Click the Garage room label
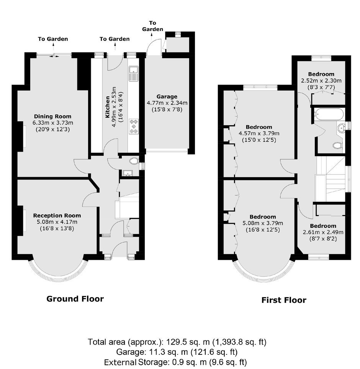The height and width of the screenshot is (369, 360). pos(167,96)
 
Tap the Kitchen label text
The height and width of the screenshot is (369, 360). pos(107,107)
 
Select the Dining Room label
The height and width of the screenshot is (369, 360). pos(53,116)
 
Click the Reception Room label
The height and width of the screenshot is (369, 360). pos(57,216)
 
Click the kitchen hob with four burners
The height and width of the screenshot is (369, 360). pos(134,126)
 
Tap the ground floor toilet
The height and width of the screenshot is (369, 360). pos(134,161)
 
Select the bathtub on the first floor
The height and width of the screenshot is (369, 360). pos(329,114)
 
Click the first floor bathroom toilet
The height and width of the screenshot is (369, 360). pos(337,145)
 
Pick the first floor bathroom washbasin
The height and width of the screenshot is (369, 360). pos(341,129)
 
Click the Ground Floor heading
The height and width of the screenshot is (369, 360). pos(75,299)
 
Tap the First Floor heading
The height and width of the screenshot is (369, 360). pos(284,300)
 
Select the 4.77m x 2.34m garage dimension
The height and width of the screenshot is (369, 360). pos(167,103)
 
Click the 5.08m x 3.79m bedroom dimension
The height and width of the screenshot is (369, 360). pos(263,223)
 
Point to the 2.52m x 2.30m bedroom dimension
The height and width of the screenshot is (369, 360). pos(321,81)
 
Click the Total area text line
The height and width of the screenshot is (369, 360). pos(177,342)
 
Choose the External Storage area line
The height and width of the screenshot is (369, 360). pos(175,362)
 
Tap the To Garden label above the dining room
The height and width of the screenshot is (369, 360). pos(53,39)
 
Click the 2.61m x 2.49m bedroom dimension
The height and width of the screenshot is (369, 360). pos(323,232)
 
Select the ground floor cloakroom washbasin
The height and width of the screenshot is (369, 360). pos(128,173)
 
